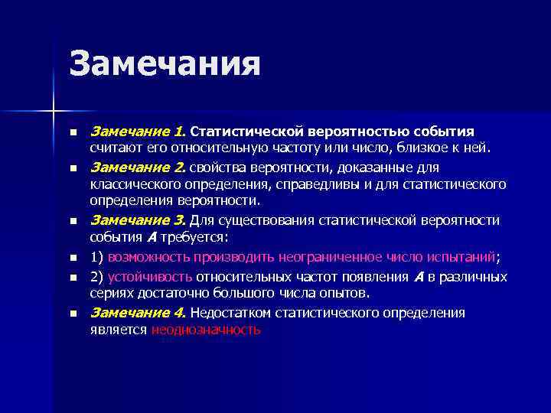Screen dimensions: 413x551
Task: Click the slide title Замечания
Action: click(165, 63)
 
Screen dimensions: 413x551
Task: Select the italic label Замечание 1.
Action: click(139, 131)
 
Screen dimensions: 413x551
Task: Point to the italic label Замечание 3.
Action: click(139, 220)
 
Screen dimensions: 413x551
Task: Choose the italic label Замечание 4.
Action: click(139, 312)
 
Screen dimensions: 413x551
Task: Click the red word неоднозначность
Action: click(206, 330)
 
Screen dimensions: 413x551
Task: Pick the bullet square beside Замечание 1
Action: click(73, 132)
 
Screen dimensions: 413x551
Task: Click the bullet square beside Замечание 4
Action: click(73, 314)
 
